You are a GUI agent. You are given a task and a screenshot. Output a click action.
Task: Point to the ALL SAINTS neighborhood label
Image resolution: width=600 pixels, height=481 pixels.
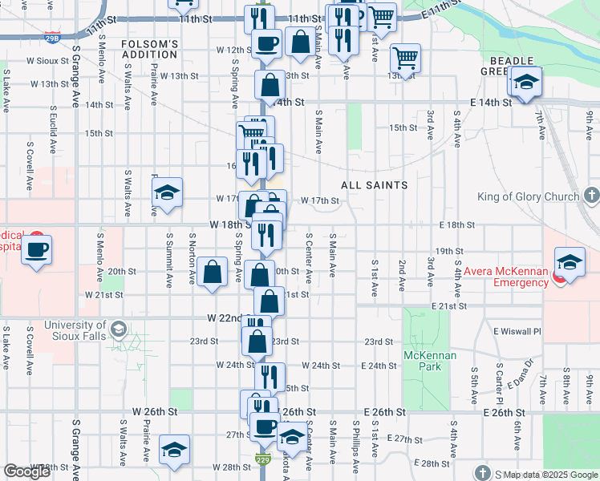(x=374, y=185)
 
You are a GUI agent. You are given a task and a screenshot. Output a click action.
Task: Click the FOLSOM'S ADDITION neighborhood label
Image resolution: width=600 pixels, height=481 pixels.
(x=149, y=48)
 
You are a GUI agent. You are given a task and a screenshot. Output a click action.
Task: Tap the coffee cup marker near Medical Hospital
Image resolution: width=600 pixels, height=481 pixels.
(x=36, y=250)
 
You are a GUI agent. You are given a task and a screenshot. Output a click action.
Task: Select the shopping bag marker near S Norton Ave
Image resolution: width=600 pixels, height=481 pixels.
(x=213, y=273)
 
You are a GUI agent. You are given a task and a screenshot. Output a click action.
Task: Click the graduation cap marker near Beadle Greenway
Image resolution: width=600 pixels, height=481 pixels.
(x=526, y=82)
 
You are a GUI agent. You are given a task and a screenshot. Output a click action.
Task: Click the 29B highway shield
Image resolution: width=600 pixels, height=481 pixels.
(x=52, y=38)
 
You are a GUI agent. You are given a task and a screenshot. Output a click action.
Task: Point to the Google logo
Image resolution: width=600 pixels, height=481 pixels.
(x=27, y=471)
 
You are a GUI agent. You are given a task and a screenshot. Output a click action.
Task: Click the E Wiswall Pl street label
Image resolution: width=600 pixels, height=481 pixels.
(x=517, y=331)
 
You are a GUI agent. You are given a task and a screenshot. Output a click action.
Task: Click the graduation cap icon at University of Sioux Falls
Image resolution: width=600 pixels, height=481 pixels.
(x=119, y=329)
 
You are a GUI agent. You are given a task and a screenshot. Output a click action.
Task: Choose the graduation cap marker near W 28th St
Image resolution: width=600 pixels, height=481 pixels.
(x=174, y=451)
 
